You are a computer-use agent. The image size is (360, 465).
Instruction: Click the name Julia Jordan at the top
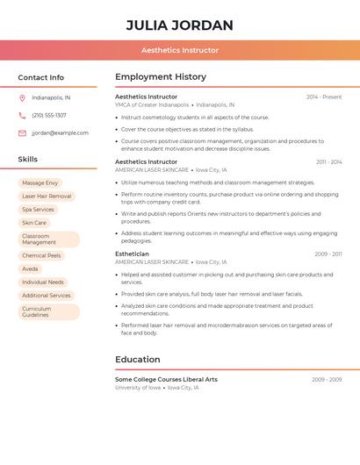(x=180, y=25)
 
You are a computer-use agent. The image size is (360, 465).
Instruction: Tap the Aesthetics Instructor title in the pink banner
(x=180, y=50)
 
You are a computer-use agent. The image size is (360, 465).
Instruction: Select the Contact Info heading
(x=40, y=77)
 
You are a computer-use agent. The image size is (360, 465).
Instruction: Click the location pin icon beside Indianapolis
(x=22, y=97)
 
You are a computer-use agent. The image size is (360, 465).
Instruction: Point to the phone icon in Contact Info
(x=22, y=115)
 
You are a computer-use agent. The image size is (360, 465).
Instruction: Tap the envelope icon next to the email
(x=22, y=133)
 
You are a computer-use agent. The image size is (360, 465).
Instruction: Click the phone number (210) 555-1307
(x=49, y=115)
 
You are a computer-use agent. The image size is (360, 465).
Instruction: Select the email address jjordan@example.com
(x=60, y=133)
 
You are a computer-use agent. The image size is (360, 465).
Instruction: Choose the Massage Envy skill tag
(x=40, y=182)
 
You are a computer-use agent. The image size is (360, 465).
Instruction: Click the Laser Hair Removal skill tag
(x=47, y=197)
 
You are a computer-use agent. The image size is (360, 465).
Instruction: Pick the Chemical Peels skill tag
(x=41, y=255)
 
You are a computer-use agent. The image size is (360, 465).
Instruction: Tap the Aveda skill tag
(x=30, y=268)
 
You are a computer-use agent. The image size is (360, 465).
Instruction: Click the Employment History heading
(x=161, y=77)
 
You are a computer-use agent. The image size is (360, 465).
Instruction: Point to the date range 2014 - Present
(x=323, y=97)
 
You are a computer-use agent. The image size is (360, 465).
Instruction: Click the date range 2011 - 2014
(x=328, y=162)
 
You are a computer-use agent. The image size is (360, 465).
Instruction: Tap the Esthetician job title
(x=132, y=254)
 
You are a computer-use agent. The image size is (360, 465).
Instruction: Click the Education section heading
(x=138, y=359)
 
